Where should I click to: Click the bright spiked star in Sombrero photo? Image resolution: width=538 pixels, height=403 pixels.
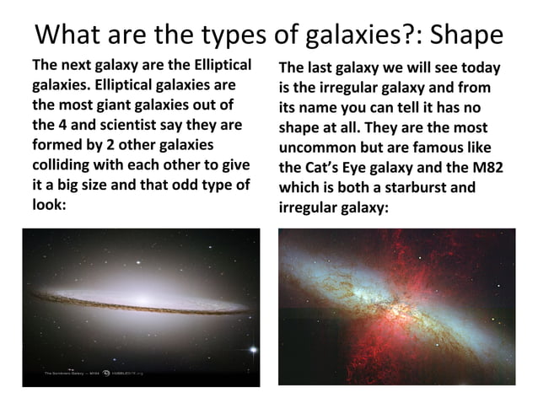pyautogui.click(x=250, y=349)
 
